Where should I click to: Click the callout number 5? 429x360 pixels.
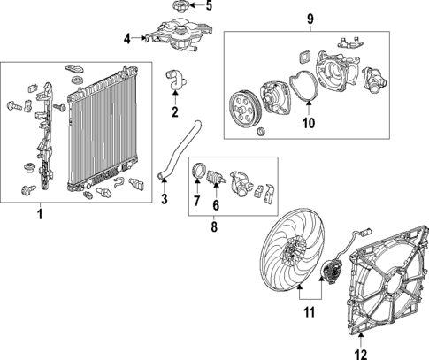point(209,5)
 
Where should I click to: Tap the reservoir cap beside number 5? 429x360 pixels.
point(180,6)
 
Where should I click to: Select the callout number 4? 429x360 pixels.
point(127,38)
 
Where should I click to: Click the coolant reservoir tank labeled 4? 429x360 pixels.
point(179,34)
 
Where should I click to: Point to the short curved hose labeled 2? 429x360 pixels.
point(174,80)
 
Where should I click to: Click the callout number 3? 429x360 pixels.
point(165,199)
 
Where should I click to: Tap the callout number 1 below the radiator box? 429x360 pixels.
point(40,214)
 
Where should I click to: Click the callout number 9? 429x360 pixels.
point(310,19)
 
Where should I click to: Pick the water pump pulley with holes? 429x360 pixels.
point(244,110)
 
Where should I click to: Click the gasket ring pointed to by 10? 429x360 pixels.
point(304,85)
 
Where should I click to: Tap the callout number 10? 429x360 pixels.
point(309,123)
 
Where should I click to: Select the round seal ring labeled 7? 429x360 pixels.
point(198,171)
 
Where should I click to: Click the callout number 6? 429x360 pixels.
point(216,205)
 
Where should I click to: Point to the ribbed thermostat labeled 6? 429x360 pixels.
point(216,177)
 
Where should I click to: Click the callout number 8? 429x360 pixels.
point(214,226)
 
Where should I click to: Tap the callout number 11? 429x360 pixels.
point(309,312)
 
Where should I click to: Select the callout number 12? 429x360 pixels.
point(361,354)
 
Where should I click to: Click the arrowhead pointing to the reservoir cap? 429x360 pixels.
point(191,5)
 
